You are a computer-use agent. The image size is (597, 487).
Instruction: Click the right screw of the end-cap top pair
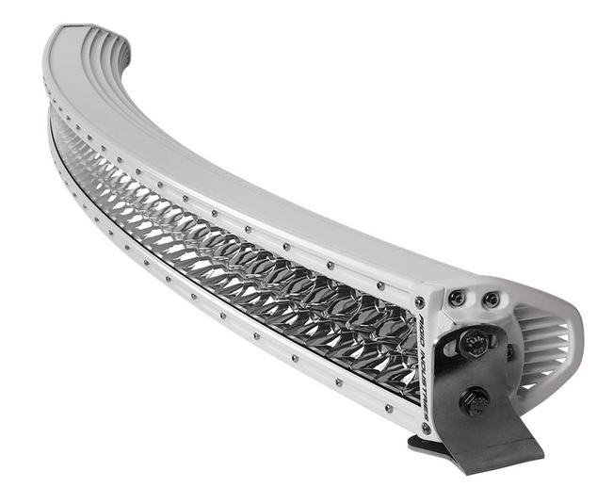pyautogui.click(x=491, y=300)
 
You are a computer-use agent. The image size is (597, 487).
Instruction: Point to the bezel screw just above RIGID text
pyautogui.click(x=420, y=302)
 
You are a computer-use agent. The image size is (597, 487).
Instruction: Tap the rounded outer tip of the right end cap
pyautogui.click(x=576, y=339)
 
